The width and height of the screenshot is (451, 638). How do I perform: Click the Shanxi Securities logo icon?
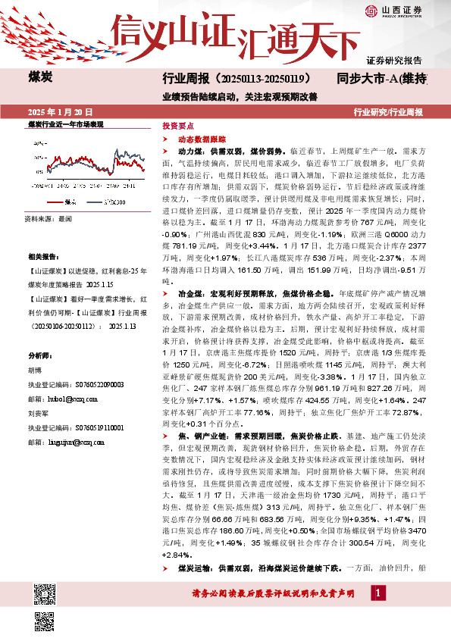pyautogui.click(x=371, y=11)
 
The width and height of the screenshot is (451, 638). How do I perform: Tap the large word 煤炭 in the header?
pyautogui.click(x=41, y=77)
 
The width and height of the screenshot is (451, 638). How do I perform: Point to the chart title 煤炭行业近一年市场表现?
pyautogui.click(x=65, y=123)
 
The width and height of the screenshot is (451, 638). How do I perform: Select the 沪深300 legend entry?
pyautogui.click(x=114, y=202)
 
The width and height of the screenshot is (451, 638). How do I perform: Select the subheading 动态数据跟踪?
pyautogui.click(x=199, y=139)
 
